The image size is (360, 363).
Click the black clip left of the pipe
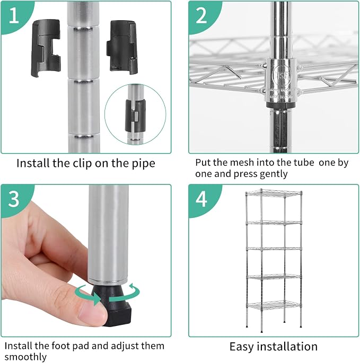click(x=46, y=48)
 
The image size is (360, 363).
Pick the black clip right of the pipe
click(x=122, y=47)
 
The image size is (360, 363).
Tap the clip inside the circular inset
click(x=136, y=116)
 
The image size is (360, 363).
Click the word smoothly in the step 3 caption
click(x=25, y=357)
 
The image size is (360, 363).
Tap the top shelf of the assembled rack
click(x=274, y=193)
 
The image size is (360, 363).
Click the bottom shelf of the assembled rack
click(x=274, y=305)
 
